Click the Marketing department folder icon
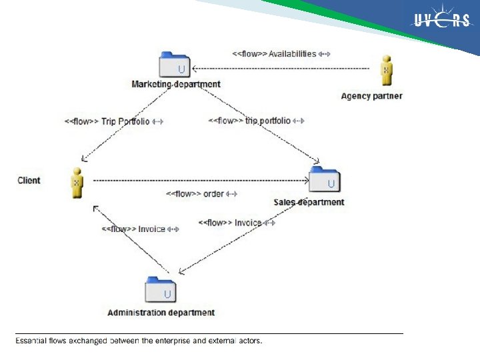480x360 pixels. tap(175, 65)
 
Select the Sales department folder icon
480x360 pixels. tap(324, 181)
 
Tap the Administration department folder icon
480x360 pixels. tap(161, 290)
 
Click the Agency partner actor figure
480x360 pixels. tap(385, 71)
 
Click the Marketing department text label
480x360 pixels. tap(176, 84)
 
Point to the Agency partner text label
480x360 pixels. tap(371, 96)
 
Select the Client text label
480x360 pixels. tap(29, 181)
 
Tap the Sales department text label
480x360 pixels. tap(309, 202)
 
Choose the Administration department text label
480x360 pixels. tap(161, 312)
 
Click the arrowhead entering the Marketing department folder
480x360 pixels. tap(194, 67)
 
